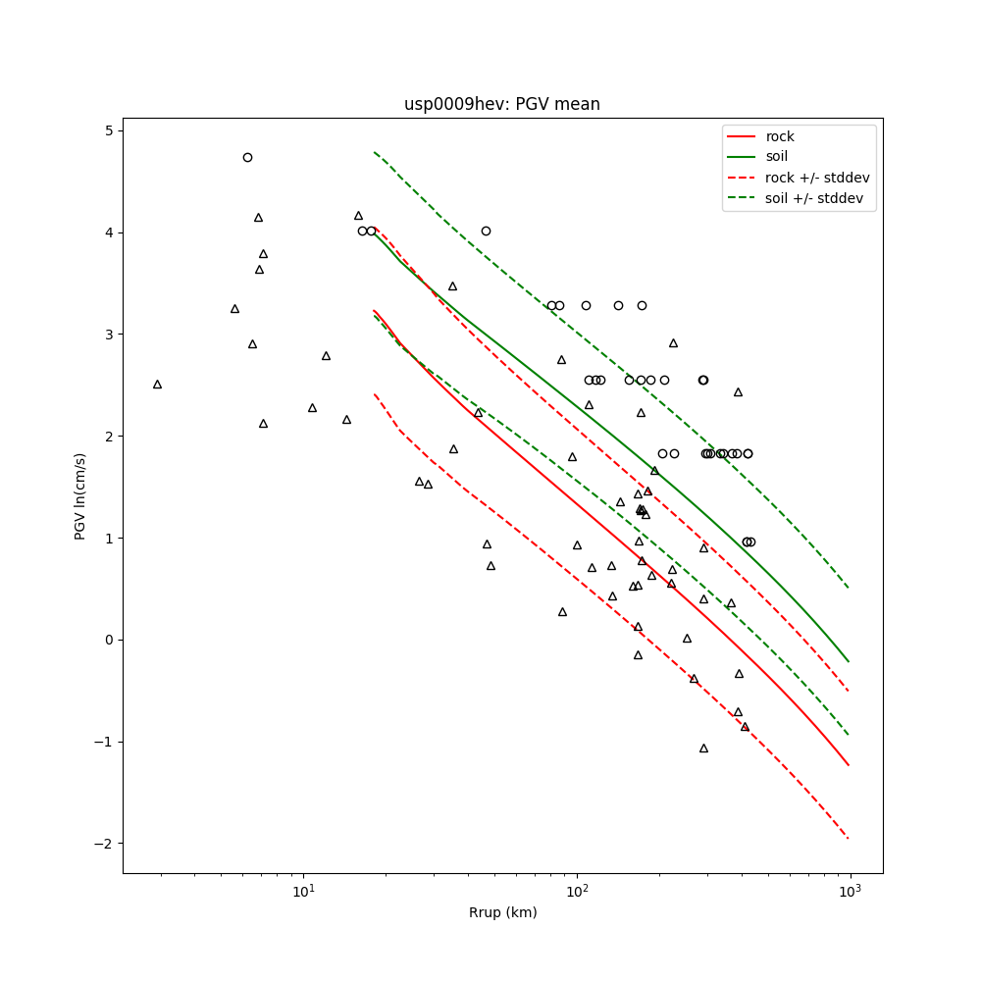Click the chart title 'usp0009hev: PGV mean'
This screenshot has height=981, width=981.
[501, 104]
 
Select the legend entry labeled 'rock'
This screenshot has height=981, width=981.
[780, 136]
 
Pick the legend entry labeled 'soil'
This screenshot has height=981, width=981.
[777, 156]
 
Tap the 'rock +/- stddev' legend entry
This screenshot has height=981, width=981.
[817, 178]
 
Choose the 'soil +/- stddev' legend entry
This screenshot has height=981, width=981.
[816, 198]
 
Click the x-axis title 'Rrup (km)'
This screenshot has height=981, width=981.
[502, 912]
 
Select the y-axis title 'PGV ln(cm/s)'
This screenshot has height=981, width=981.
[80, 495]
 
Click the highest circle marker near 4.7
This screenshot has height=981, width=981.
[247, 157]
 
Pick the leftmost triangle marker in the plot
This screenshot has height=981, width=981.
[157, 385]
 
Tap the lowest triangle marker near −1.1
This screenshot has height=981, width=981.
[703, 749]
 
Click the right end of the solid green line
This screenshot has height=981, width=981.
[849, 661]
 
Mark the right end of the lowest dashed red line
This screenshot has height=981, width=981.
[849, 839]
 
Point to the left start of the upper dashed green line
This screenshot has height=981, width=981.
[374, 152]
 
